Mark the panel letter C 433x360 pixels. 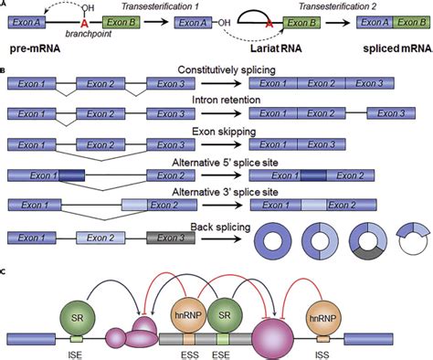(5, 272)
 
